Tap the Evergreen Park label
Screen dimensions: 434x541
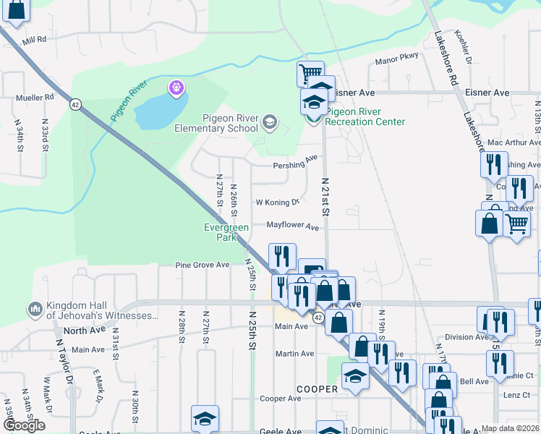226,232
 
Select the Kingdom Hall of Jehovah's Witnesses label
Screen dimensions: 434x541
102,310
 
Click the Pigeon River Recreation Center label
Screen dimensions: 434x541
365,116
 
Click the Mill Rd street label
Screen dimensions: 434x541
34,39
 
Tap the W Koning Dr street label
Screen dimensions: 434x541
277,203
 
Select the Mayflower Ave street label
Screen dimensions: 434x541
293,226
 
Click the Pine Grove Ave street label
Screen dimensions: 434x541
203,265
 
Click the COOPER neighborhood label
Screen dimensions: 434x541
317,389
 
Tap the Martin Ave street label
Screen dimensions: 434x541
294,354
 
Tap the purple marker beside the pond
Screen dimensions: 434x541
176,88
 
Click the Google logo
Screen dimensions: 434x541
24,425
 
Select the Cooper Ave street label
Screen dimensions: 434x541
280,399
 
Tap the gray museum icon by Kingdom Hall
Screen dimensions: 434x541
34,310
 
